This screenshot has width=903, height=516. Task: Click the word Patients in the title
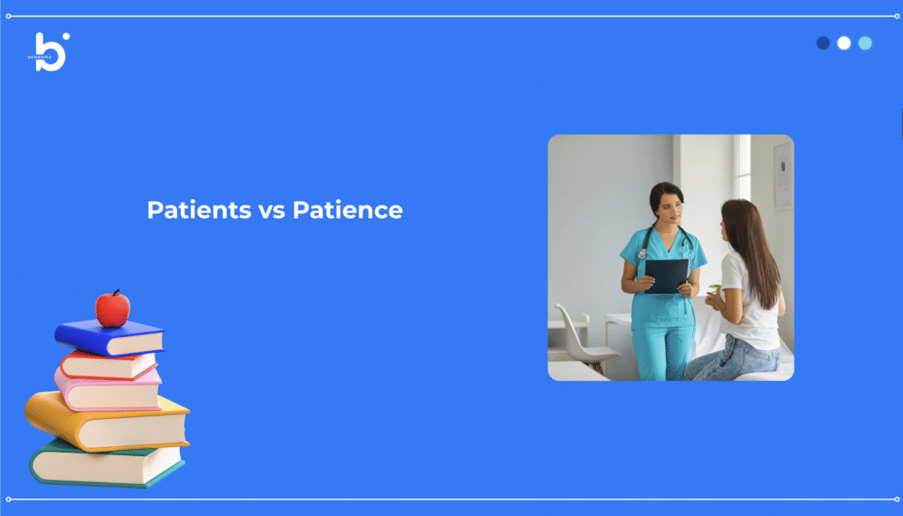click(199, 210)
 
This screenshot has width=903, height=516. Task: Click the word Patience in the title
click(347, 210)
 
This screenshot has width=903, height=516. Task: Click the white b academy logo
click(49, 52)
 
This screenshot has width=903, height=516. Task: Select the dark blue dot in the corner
click(823, 43)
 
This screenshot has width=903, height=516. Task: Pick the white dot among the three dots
click(844, 43)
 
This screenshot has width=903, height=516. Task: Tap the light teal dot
click(865, 43)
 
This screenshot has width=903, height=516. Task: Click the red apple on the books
click(112, 309)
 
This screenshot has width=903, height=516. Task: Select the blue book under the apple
click(108, 338)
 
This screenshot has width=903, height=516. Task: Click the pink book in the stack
click(108, 391)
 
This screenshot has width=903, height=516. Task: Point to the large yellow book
click(107, 421)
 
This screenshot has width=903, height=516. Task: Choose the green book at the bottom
click(107, 464)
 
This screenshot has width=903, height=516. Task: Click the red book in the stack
click(108, 365)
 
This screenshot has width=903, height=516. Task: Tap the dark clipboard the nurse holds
click(667, 276)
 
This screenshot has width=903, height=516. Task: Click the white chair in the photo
click(582, 337)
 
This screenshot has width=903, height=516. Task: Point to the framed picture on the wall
click(783, 175)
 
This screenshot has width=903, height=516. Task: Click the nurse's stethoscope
click(662, 242)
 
